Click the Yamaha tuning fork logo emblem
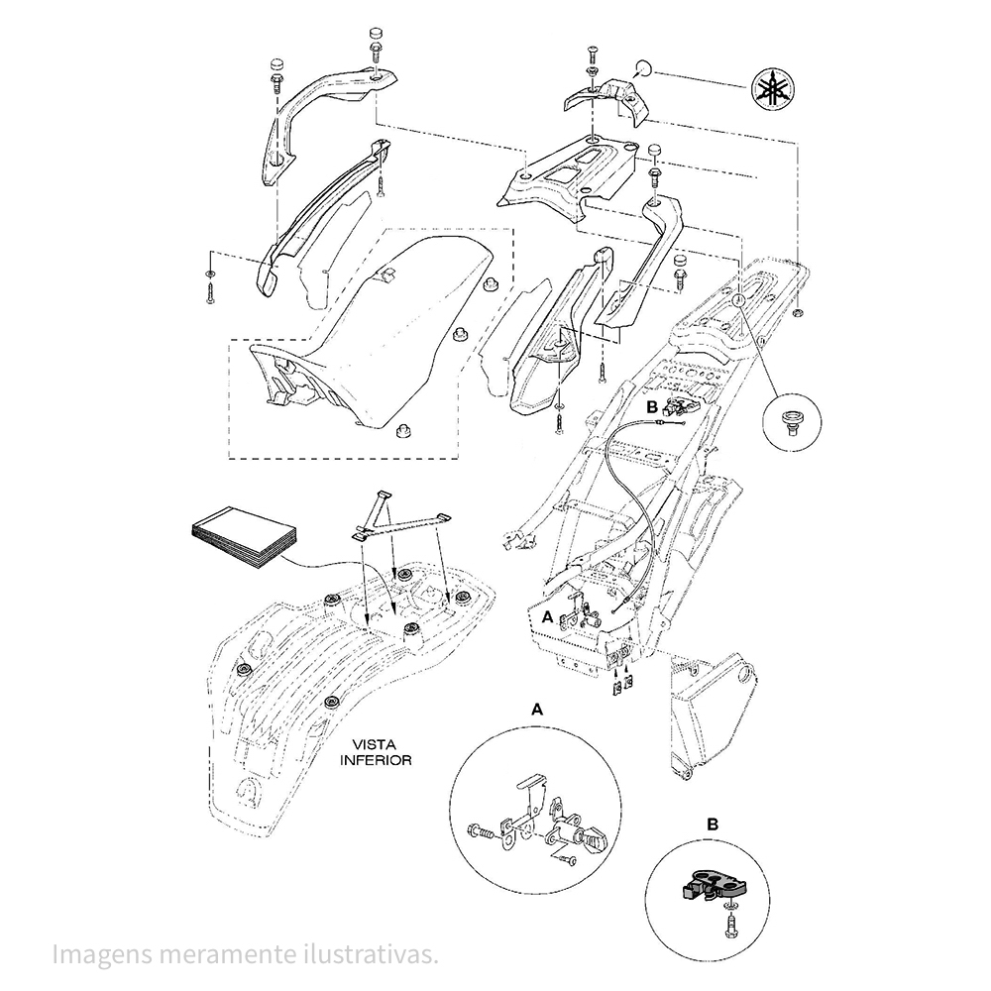[x=774, y=88]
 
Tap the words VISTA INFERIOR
[x=376, y=753]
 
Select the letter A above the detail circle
[x=536, y=710]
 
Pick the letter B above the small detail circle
[x=712, y=825]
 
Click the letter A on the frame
[x=548, y=616]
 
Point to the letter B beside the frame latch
[x=652, y=407]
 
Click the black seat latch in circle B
[x=713, y=885]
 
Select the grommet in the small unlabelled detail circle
[x=791, y=421]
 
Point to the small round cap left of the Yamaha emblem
[x=643, y=66]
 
